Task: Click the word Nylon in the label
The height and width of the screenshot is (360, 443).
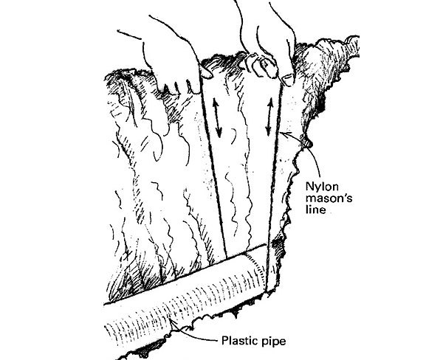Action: click(x=324, y=180)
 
